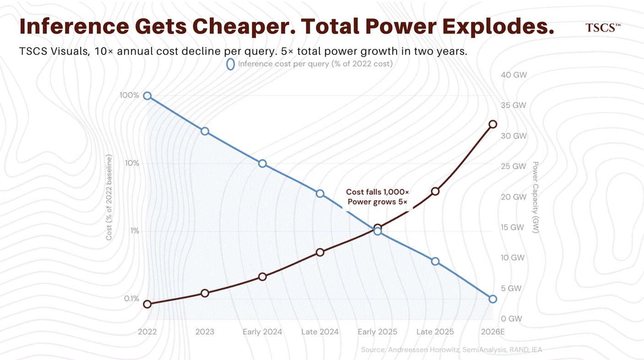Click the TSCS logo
(x=602, y=27)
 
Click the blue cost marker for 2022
(x=147, y=96)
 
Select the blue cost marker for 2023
(x=205, y=131)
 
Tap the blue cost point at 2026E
(x=493, y=299)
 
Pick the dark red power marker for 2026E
(x=493, y=124)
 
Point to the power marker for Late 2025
(x=435, y=191)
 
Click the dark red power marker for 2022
(x=147, y=304)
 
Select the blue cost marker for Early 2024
(x=262, y=164)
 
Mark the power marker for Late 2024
(x=320, y=252)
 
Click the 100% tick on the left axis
(x=130, y=95)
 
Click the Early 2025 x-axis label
(x=377, y=332)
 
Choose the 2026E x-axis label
(x=492, y=332)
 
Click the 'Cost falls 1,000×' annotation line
(x=377, y=192)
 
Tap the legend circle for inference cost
(x=230, y=64)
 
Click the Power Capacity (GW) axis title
(x=535, y=197)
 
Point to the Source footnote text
(x=451, y=350)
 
